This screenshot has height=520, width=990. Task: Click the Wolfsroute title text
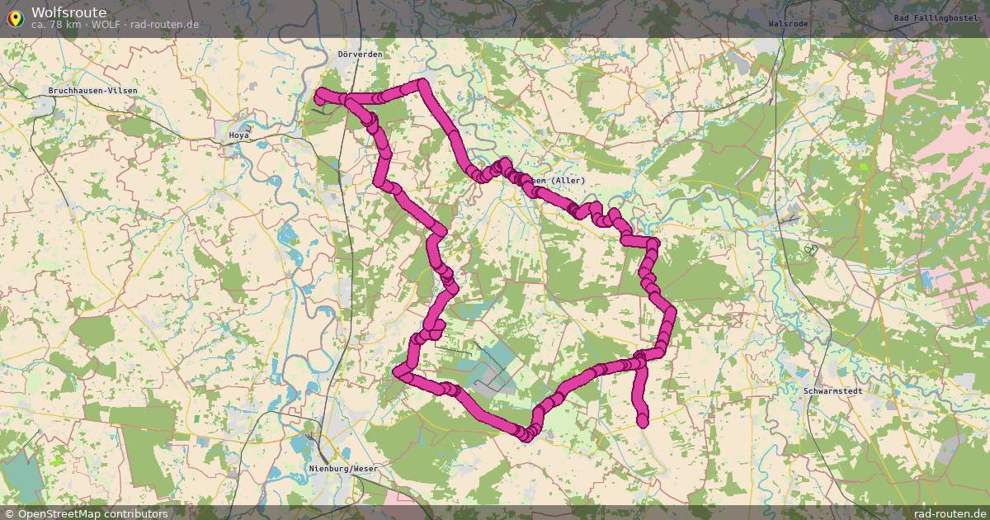pyautogui.click(x=68, y=12)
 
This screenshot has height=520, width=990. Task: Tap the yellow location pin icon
pyautogui.click(x=15, y=17)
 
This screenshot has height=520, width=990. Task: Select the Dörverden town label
pyautogui.click(x=360, y=54)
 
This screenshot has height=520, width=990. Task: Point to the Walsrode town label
pyautogui.click(x=787, y=24)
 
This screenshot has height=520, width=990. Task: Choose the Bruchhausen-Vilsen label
pyautogui.click(x=92, y=90)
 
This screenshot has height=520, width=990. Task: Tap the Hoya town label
pyautogui.click(x=239, y=135)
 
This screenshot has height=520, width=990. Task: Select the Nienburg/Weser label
pyautogui.click(x=342, y=468)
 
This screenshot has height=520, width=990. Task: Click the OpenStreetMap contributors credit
pyautogui.click(x=92, y=513)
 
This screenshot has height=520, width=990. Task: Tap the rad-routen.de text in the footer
pyautogui.click(x=950, y=513)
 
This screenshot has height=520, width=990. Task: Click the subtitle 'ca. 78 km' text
pyautogui.click(x=57, y=25)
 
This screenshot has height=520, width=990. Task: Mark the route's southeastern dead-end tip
pyautogui.click(x=643, y=422)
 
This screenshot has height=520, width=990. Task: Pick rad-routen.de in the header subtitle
pyautogui.click(x=164, y=25)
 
